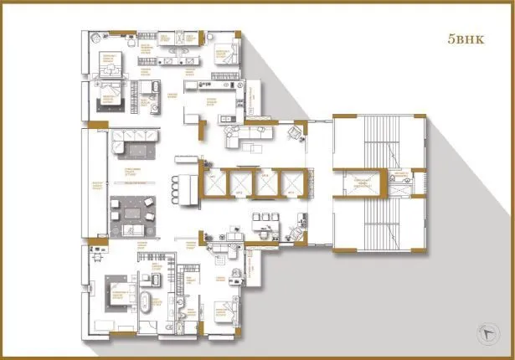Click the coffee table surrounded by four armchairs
[131, 209]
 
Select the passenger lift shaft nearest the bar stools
[215, 183]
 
